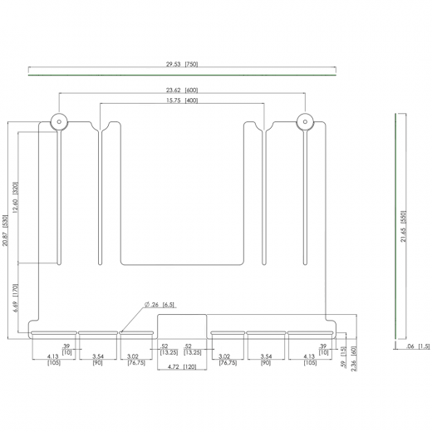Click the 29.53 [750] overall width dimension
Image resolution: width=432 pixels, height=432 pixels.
point(181,64)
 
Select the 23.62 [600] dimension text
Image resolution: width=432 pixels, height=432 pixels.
point(180,90)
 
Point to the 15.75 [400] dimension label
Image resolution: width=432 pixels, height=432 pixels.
point(180,101)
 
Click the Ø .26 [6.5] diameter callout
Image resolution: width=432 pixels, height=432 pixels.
point(159,305)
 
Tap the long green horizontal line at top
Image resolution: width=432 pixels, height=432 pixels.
point(181,74)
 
